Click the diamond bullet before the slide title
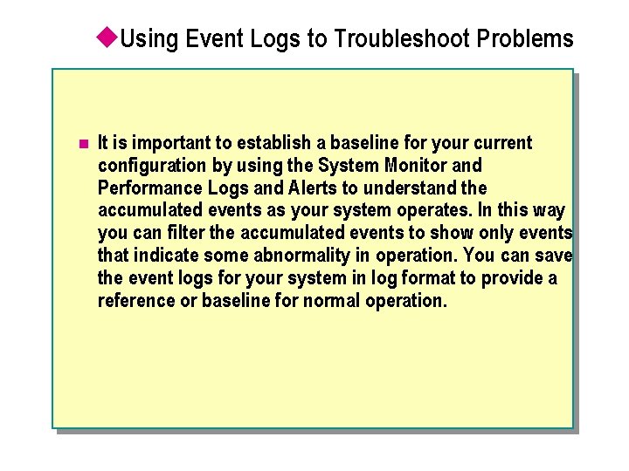click(x=107, y=37)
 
